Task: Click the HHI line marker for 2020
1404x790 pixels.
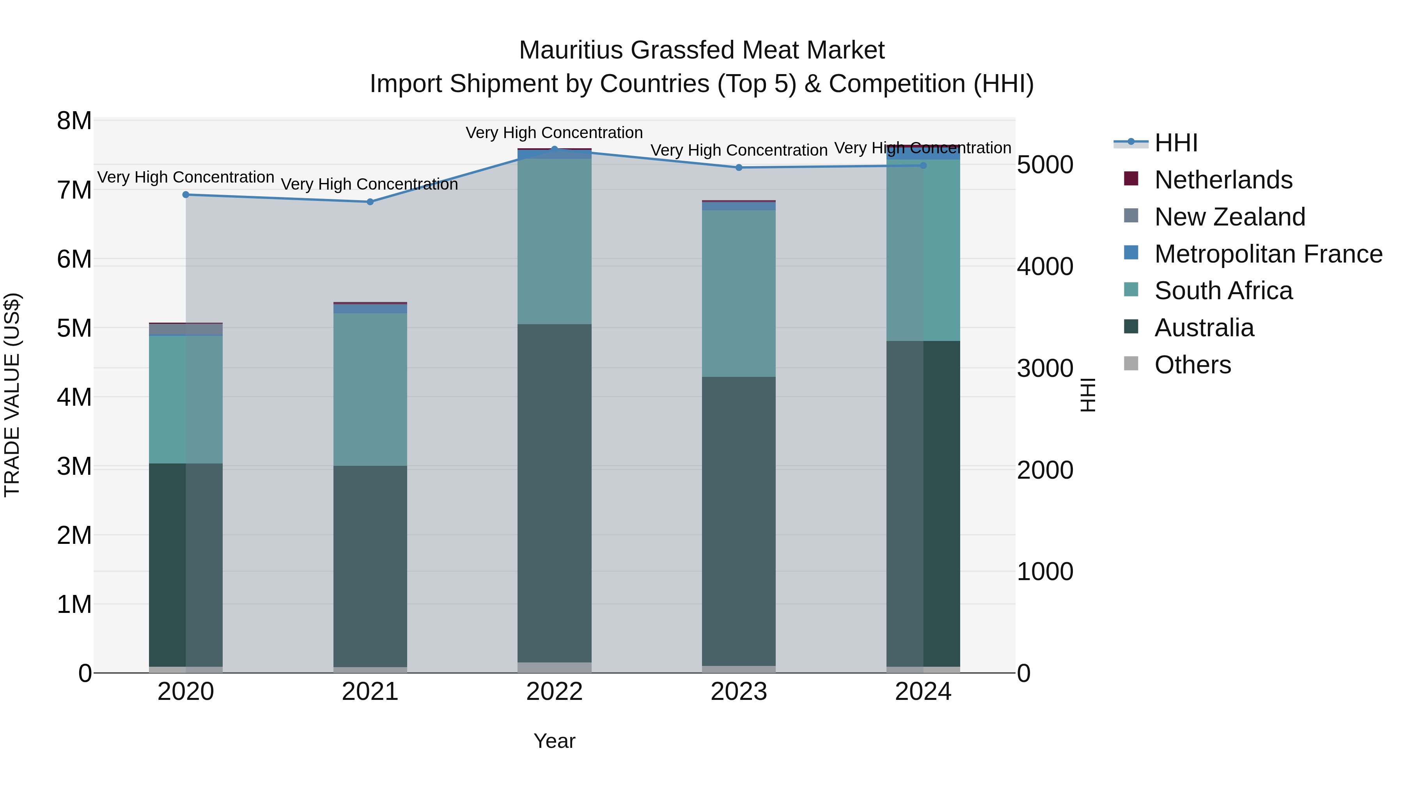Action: click(x=186, y=195)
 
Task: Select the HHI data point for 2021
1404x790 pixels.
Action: click(x=370, y=202)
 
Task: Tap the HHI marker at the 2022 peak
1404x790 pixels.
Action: click(x=554, y=149)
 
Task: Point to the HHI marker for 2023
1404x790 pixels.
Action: click(x=739, y=167)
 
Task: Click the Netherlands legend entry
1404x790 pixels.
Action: click(x=1223, y=180)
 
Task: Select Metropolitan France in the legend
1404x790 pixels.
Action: click(x=1268, y=254)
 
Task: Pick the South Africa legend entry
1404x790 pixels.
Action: click(x=1223, y=291)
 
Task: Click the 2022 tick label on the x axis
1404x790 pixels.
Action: click(x=554, y=692)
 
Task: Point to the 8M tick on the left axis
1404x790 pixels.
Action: click(x=74, y=121)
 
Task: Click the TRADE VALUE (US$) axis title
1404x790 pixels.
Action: click(x=12, y=395)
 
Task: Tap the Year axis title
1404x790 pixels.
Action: click(x=554, y=741)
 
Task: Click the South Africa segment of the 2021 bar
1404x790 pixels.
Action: click(x=370, y=389)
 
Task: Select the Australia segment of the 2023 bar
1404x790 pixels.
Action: click(x=739, y=521)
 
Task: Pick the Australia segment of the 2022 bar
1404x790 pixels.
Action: click(x=554, y=494)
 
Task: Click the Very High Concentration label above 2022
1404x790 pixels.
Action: click(x=554, y=133)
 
